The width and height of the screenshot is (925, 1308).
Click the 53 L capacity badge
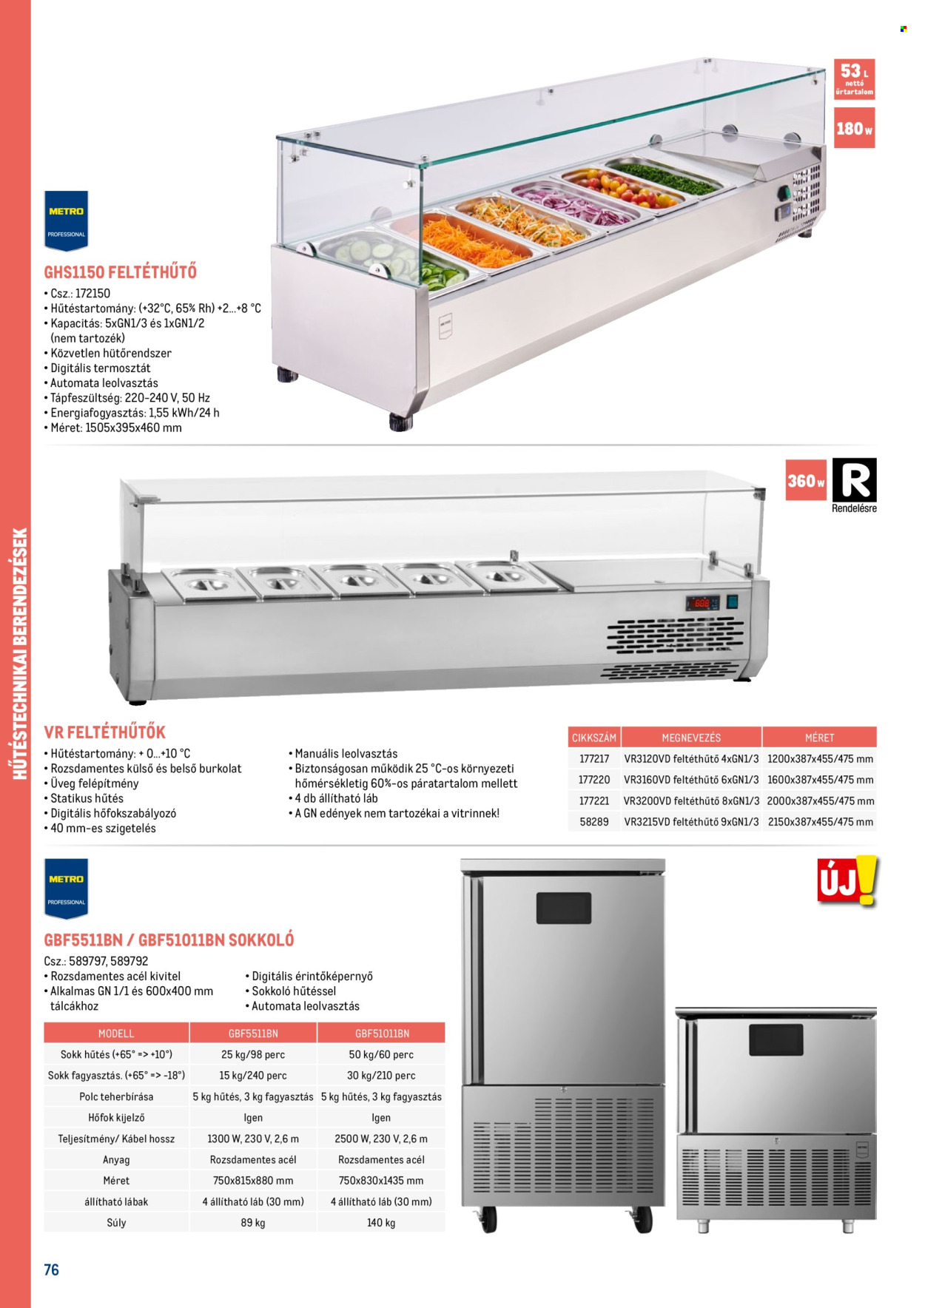point(854,79)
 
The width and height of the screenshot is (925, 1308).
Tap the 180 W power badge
point(854,128)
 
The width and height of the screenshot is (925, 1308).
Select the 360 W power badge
point(806,480)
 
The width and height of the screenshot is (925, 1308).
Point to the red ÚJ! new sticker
point(847,881)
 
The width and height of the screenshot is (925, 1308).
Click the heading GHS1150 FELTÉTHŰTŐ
point(120,272)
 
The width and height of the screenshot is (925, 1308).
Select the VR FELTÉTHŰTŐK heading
point(105,732)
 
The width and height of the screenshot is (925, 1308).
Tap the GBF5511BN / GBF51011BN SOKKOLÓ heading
point(169,940)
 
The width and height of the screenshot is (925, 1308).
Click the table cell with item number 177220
point(594,780)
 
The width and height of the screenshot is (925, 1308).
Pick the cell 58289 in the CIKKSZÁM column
point(594,822)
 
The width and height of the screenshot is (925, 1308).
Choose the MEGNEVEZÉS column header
point(691,738)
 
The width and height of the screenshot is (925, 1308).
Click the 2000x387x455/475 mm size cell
point(820,800)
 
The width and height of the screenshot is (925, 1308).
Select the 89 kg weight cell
point(253,1223)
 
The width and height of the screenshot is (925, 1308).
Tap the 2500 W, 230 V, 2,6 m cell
point(381,1139)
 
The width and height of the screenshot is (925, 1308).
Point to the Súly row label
point(116,1223)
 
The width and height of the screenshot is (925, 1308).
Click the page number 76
point(52,1270)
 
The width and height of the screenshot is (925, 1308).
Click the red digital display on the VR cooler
point(701,603)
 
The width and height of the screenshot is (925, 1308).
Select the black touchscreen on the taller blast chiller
point(564,908)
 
